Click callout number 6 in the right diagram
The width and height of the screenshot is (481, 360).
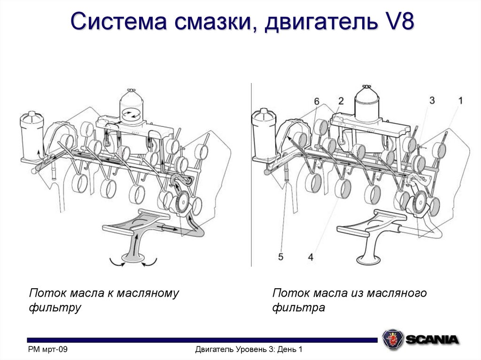click(317, 101)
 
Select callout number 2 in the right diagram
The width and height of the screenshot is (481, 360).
click(341, 100)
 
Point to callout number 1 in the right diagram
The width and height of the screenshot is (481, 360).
click(460, 100)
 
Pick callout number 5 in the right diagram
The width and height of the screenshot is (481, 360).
click(281, 256)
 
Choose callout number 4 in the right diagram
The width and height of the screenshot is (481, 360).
click(310, 256)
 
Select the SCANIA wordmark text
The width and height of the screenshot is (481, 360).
click(432, 339)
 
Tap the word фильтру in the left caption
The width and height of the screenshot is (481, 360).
click(55, 308)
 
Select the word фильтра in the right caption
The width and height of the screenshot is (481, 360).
click(299, 308)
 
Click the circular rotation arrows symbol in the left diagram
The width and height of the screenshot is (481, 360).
click(132, 114)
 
